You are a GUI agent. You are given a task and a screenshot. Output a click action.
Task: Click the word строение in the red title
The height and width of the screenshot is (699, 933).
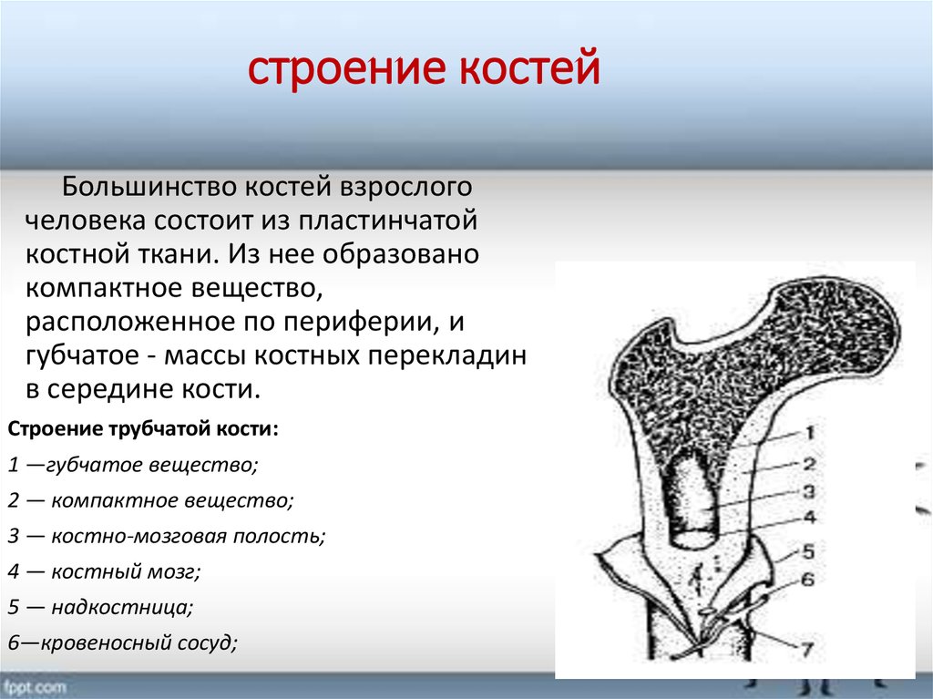point(346,68)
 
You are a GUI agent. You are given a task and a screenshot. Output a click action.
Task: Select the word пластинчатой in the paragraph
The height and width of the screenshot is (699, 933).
point(387,221)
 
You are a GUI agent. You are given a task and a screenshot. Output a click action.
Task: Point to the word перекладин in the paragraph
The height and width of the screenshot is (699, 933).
point(446,356)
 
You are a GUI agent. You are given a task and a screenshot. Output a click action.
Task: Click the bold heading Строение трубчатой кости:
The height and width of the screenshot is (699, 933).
point(143,428)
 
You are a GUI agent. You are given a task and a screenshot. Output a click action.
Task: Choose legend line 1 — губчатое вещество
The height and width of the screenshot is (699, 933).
point(133,465)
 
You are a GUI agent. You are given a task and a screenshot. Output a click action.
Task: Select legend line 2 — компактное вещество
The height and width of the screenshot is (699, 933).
point(150,500)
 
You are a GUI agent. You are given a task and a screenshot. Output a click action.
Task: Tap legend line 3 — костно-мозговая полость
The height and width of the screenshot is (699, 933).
point(167,536)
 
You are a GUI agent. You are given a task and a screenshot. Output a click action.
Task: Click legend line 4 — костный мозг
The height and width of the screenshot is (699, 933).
point(104,571)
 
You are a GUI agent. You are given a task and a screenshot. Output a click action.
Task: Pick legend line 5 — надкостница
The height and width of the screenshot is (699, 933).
point(100,607)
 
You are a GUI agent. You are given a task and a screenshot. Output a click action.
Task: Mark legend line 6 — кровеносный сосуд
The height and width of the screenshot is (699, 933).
point(123,643)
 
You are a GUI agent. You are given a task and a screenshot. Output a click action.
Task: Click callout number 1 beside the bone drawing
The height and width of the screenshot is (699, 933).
point(810,432)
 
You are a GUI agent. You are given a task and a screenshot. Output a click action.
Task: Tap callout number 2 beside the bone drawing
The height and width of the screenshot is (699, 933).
point(809,463)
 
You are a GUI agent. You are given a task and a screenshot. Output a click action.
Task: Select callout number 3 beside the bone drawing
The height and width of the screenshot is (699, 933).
point(809,491)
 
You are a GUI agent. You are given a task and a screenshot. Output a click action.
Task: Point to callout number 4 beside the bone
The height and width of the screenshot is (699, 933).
point(809,517)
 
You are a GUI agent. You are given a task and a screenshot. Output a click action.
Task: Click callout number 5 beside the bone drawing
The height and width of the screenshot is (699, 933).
point(808,551)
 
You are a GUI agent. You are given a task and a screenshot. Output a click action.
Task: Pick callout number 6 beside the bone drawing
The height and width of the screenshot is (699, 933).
point(807,579)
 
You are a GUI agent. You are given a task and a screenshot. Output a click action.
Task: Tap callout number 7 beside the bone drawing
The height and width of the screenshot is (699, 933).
point(807,648)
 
